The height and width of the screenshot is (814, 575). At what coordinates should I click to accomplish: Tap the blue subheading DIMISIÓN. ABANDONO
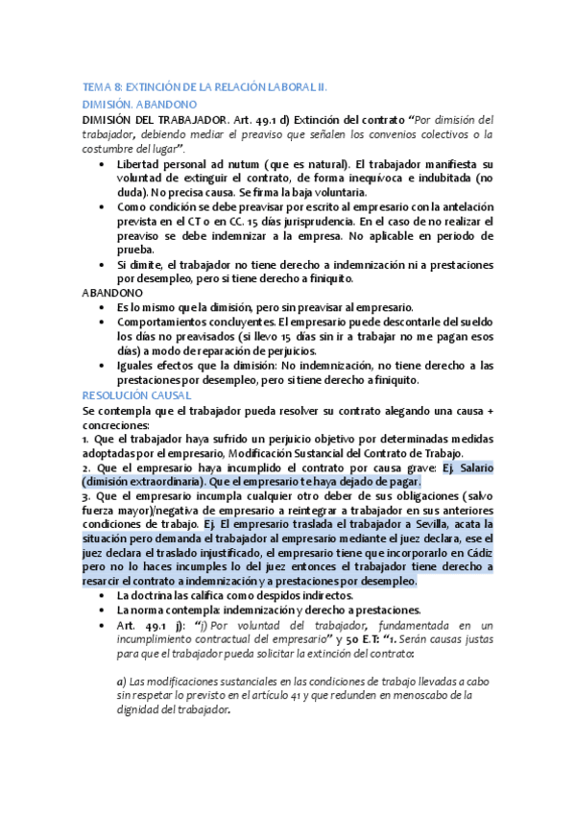139,103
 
